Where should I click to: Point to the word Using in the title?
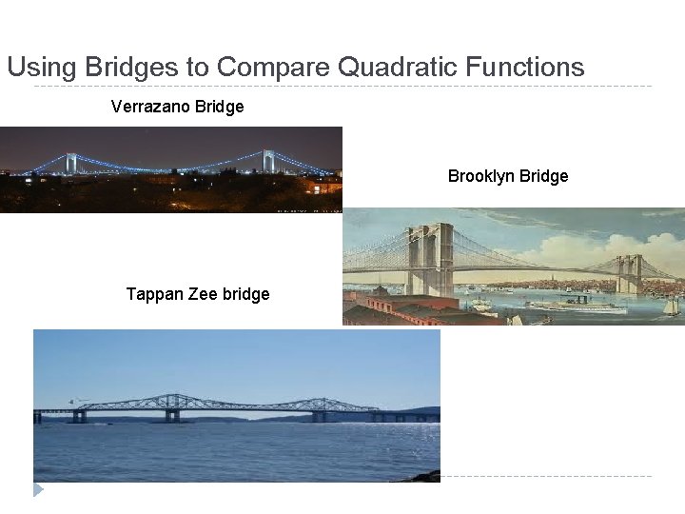(x=42, y=68)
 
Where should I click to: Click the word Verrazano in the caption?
(x=149, y=107)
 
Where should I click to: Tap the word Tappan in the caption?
(x=155, y=294)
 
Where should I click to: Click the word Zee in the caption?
(x=204, y=294)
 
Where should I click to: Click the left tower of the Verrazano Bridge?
(x=71, y=163)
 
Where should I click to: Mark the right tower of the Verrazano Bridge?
(x=269, y=160)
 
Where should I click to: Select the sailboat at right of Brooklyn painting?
(x=673, y=307)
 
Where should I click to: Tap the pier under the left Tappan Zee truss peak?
(x=172, y=416)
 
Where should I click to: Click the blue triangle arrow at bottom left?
(x=38, y=489)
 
